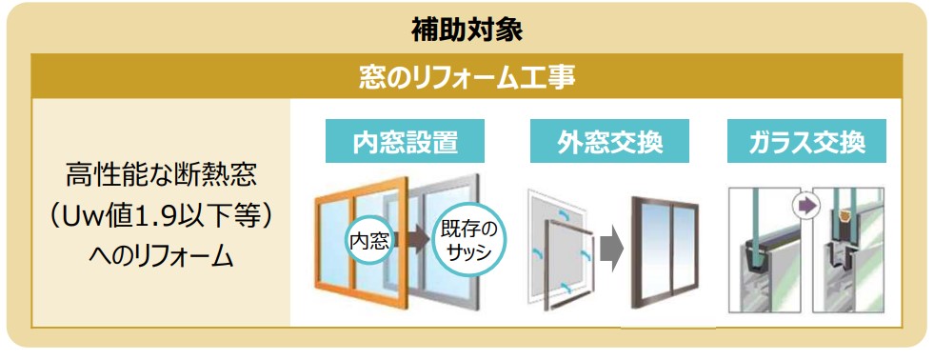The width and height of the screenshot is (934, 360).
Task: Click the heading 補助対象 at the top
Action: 467,30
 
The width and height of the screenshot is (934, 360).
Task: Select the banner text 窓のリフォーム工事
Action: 467,77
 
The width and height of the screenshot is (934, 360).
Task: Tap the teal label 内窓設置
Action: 405,141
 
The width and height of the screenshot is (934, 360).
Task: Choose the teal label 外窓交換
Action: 610,141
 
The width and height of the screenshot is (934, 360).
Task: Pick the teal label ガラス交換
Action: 806,141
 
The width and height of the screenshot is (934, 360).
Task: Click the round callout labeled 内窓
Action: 369,241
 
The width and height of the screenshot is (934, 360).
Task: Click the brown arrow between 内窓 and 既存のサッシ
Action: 411,239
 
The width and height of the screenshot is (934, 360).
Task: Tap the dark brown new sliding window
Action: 635,256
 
